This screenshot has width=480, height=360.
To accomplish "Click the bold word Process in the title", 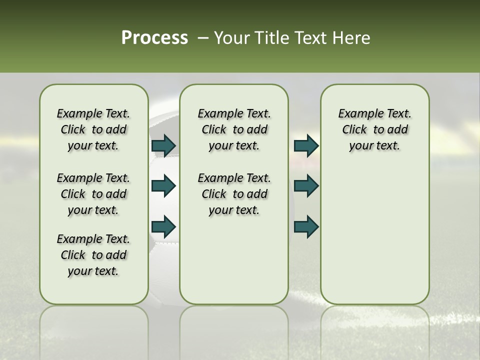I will point(154,38).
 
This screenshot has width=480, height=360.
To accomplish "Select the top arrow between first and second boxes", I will point(163,145).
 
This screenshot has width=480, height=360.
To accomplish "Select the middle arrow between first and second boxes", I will point(163,186).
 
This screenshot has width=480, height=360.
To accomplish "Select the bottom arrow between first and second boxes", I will point(163,226).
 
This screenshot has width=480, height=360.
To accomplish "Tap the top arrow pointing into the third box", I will point(306,145).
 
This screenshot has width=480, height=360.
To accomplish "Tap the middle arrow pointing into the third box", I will point(306,186).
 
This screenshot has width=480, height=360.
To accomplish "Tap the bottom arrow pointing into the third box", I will point(306,226).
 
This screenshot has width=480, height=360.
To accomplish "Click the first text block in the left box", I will point(93,129).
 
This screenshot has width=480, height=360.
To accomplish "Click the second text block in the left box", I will point(93,194).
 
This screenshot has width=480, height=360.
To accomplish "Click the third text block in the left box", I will point(93,255).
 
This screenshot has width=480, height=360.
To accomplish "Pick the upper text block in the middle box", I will point(234,129).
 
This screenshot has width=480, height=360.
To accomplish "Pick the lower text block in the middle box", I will point(234,194).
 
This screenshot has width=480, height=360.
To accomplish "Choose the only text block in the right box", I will point(374,129).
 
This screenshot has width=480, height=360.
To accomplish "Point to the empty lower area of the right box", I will point(374,235).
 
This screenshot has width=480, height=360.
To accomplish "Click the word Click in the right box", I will point(354,130).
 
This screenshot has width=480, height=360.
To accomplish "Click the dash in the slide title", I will point(202,38).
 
